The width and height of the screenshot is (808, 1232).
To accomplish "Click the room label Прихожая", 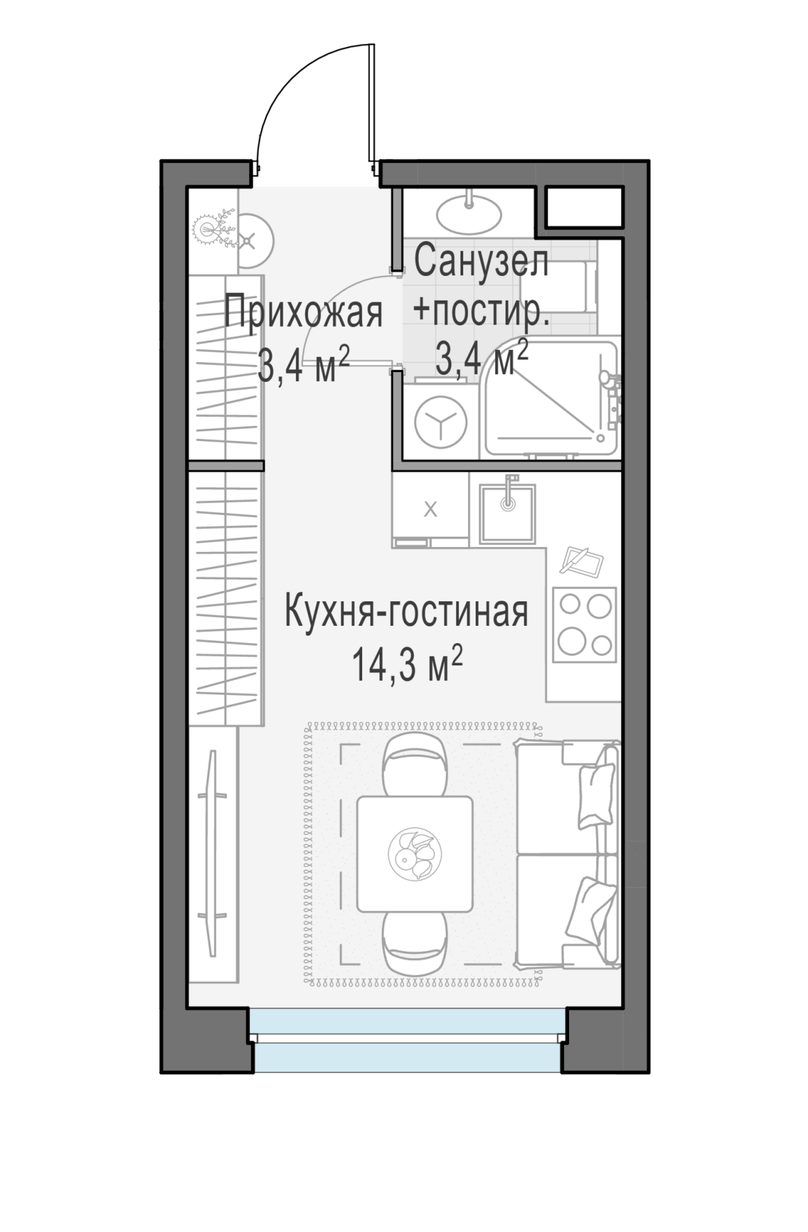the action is (303, 314).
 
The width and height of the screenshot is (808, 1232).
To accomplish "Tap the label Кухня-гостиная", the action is (406, 612).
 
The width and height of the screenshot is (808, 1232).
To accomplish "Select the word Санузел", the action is (481, 262).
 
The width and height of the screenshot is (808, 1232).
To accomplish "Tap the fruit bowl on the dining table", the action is (415, 854).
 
